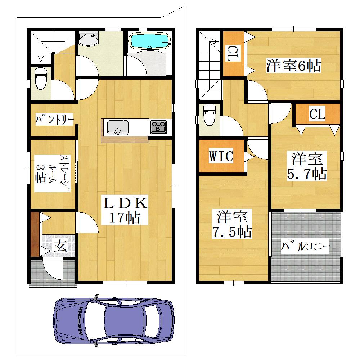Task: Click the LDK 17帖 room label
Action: click(x=125, y=210)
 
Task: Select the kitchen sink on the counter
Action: click(x=118, y=127)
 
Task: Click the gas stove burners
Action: click(x=158, y=127)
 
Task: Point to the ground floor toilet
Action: click(x=41, y=78)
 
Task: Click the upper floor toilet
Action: click(x=210, y=114)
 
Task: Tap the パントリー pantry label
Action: click(x=54, y=119)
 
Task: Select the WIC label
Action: click(x=221, y=156)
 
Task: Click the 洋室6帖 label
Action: click(x=293, y=66)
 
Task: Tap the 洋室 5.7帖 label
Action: click(x=307, y=166)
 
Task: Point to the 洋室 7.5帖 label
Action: click(x=232, y=224)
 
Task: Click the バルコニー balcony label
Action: click(x=305, y=247)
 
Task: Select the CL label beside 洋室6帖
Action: click(x=233, y=53)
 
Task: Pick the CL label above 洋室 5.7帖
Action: click(x=317, y=113)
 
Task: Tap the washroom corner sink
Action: click(x=88, y=40)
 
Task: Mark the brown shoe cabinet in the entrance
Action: click(x=35, y=235)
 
